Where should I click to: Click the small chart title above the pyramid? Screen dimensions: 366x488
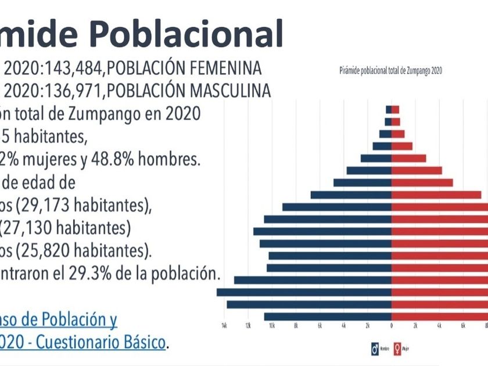point(390,70)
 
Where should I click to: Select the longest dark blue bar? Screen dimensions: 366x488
point(304,292)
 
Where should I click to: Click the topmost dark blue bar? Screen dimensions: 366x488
point(388,109)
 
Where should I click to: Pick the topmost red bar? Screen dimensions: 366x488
point(395,109)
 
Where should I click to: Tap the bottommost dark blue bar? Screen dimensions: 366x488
point(328,317)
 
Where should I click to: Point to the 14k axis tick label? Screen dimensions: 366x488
point(224,326)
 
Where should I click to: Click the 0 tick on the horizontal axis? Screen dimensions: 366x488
point(392,326)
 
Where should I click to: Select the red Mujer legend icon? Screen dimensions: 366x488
point(398,349)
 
